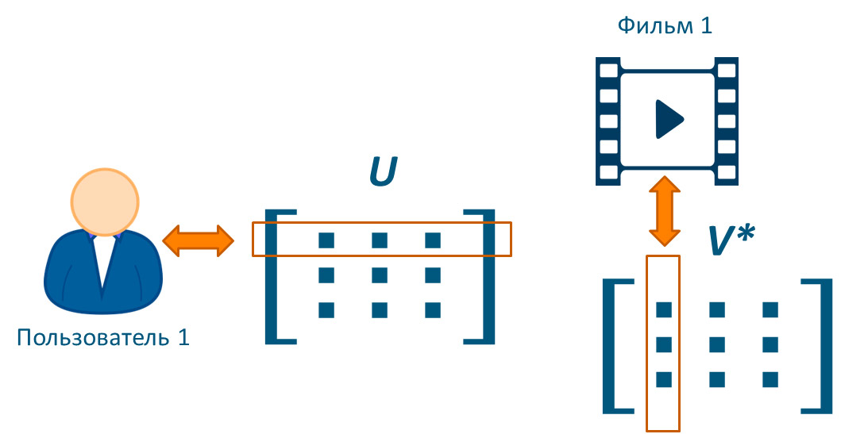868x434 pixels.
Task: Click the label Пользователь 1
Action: point(103,338)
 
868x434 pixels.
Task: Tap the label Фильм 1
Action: point(665,26)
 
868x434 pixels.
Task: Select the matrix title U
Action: point(383,174)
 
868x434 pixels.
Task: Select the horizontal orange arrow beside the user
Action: point(198,240)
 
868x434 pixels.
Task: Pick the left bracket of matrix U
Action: point(274,276)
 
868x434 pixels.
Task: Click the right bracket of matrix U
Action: point(484,276)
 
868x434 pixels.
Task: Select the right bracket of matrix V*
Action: point(821,346)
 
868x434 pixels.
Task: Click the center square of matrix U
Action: point(379,275)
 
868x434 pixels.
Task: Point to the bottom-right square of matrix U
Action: point(432,310)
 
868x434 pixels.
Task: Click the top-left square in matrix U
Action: point(326,240)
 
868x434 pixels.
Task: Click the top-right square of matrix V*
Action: point(769,309)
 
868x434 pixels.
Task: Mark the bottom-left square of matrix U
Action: point(326,310)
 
